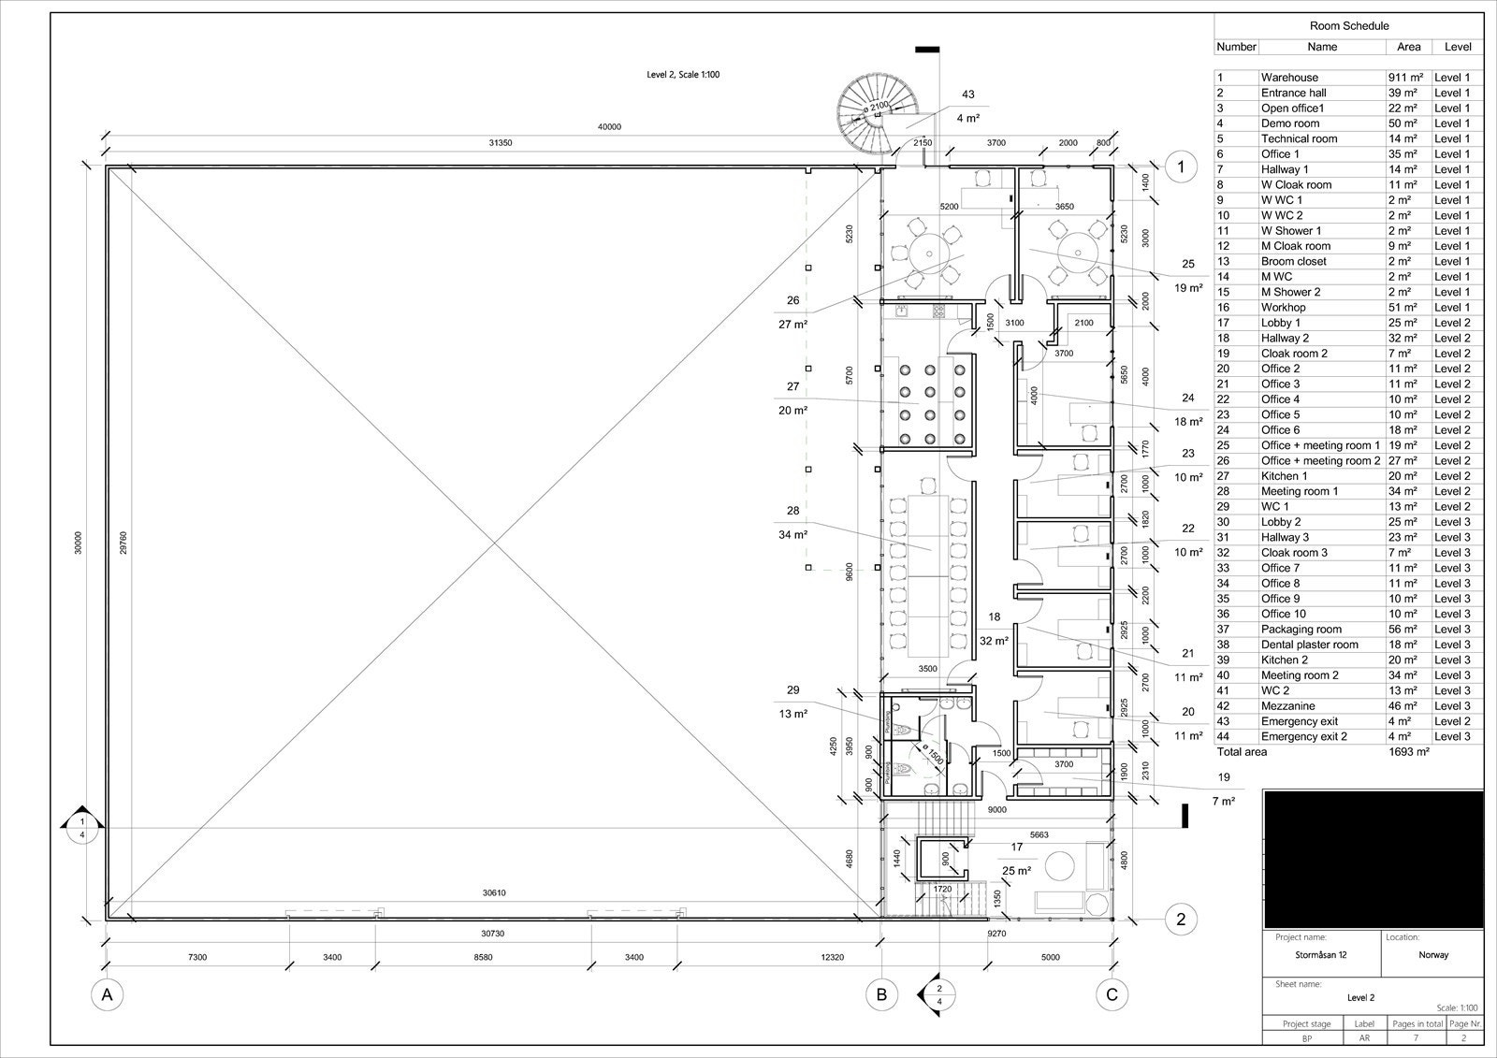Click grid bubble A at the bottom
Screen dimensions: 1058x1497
[x=108, y=994]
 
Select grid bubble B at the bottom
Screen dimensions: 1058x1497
[x=881, y=994]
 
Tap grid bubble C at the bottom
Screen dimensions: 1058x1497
[x=1112, y=994]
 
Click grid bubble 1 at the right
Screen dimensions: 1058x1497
[x=1181, y=167]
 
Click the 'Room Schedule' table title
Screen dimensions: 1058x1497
[x=1348, y=27]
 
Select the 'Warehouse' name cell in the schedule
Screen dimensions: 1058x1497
[x=1289, y=78]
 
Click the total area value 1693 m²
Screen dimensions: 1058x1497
[x=1409, y=752]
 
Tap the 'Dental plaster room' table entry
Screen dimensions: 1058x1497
[x=1309, y=645]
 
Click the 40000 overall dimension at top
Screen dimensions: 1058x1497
[x=609, y=127]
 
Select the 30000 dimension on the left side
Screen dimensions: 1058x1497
[x=79, y=543]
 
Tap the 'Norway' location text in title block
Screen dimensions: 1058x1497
[x=1432, y=955]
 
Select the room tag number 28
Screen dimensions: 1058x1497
[x=792, y=511]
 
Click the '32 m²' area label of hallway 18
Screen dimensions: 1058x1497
[x=994, y=642]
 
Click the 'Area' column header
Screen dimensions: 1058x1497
[x=1408, y=47]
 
